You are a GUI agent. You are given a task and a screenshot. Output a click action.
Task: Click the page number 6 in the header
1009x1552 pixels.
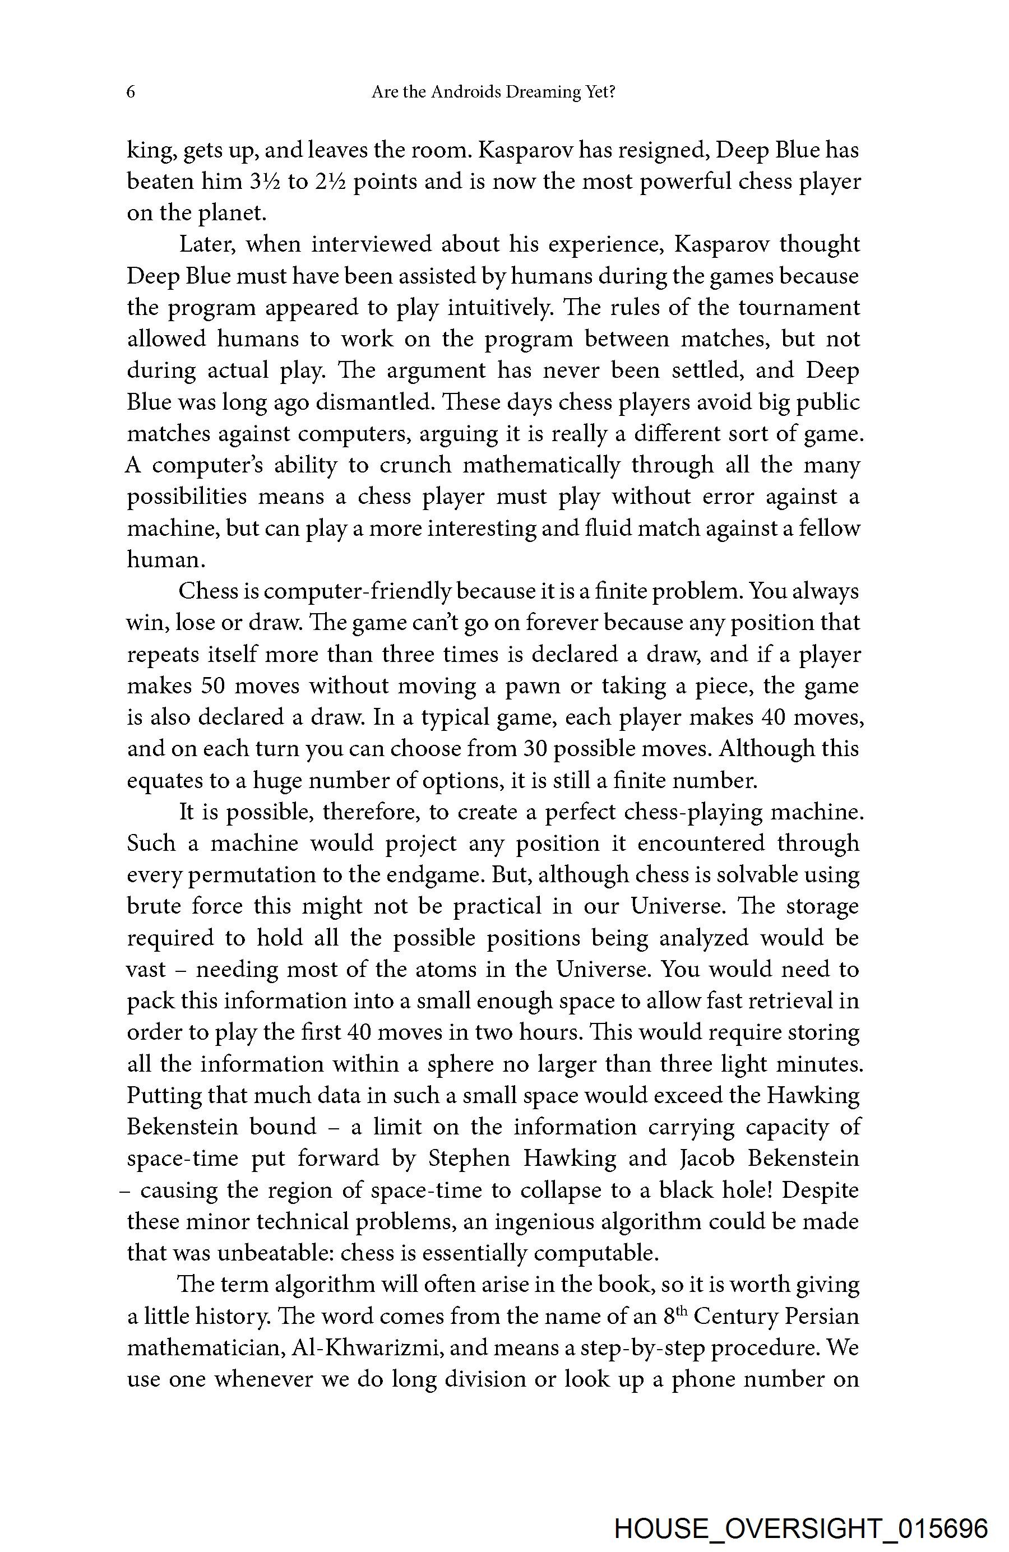pos(131,92)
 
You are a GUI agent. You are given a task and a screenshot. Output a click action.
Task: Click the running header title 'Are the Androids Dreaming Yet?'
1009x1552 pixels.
pos(493,92)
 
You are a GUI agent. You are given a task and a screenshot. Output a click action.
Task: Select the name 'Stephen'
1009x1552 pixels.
pos(469,1159)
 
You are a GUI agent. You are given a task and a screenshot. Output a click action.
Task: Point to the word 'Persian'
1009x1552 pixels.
pos(821,1316)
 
